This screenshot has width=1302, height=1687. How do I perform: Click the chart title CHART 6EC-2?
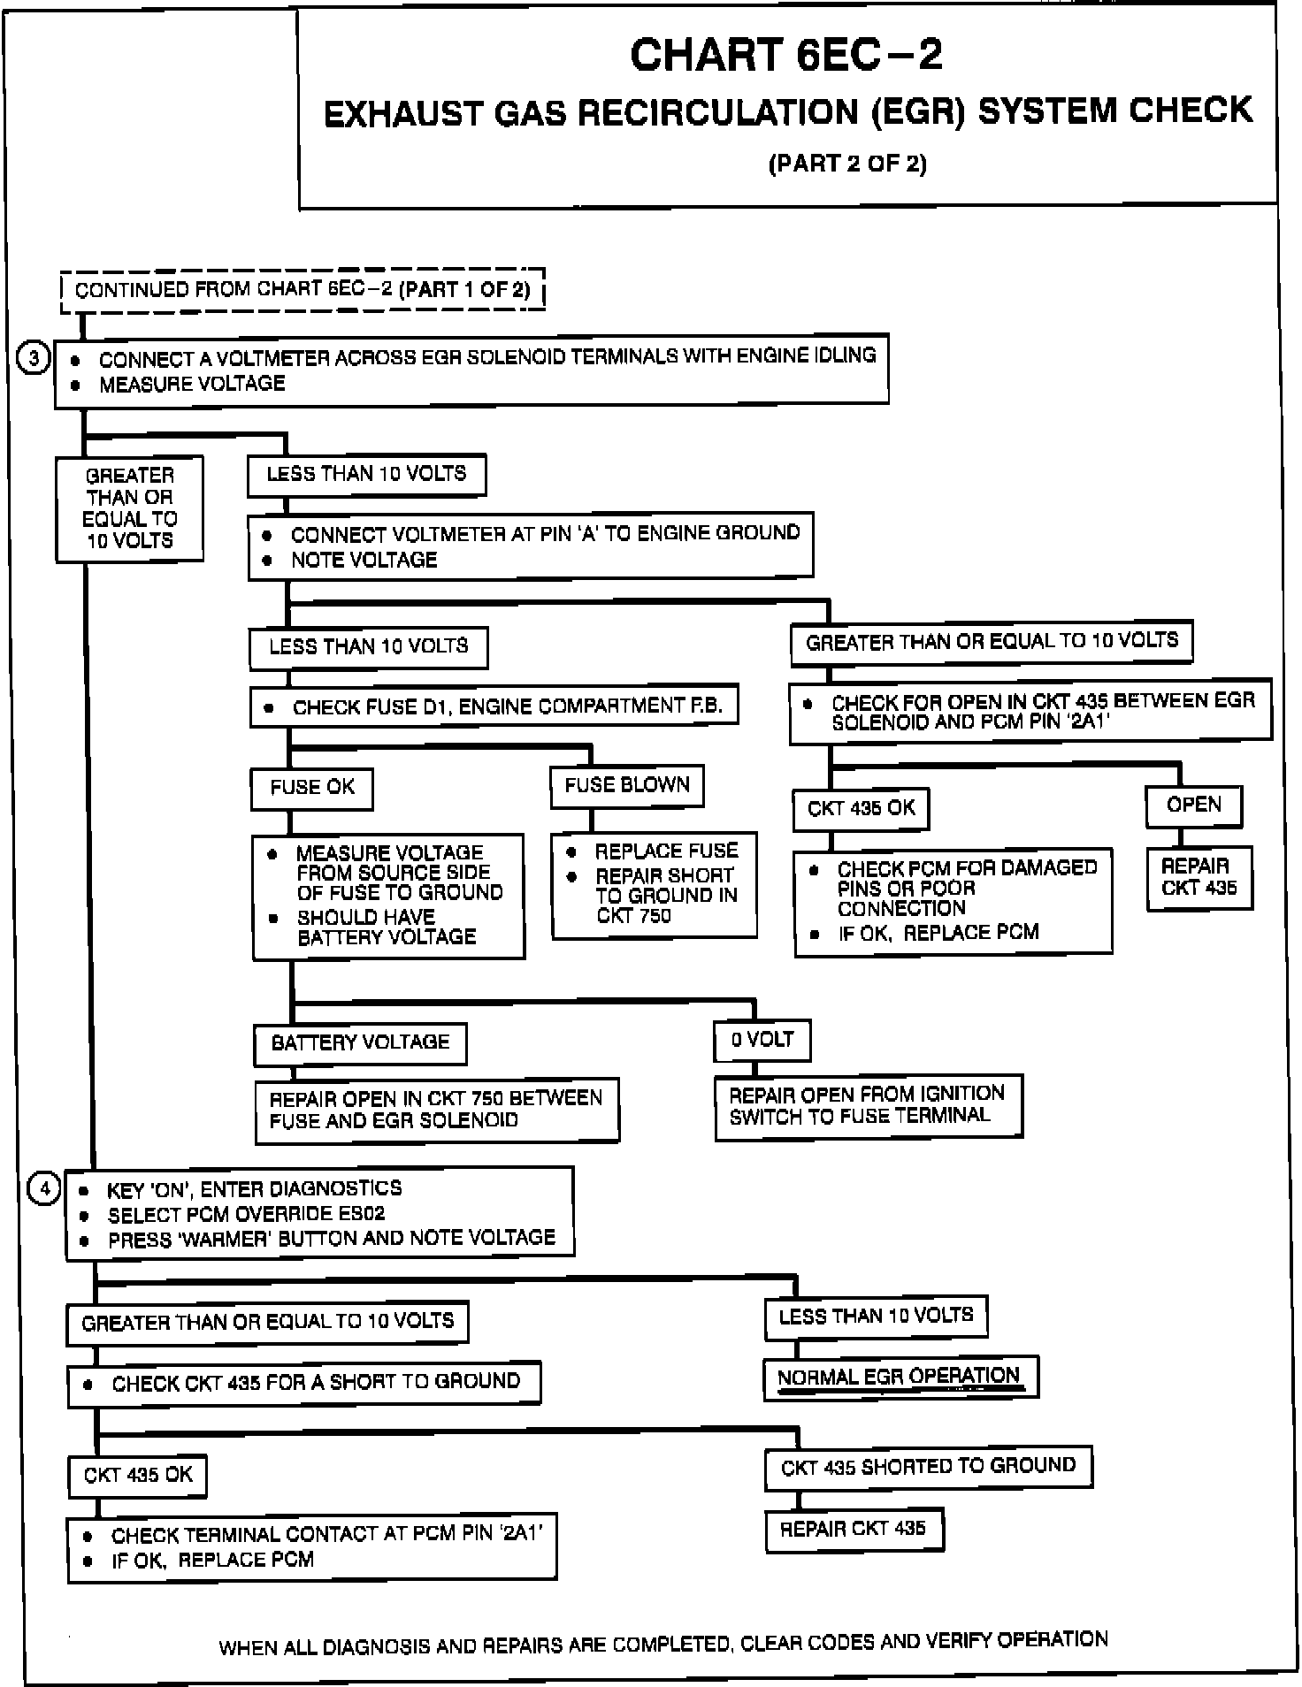785,55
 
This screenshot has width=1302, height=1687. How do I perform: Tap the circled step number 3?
34,360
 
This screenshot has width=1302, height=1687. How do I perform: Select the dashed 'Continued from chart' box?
302,290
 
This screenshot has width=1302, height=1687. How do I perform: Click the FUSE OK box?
311,788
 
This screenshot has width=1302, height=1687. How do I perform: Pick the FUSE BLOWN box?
626,785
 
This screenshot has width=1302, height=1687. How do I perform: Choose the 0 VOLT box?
762,1040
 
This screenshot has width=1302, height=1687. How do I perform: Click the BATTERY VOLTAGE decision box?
360,1043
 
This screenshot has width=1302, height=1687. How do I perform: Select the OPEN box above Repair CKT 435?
1193,805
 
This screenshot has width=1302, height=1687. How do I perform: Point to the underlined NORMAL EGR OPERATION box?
900,1378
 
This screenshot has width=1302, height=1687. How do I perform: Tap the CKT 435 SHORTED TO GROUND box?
928,1467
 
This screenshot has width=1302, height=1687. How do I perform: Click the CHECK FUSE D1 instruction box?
493,706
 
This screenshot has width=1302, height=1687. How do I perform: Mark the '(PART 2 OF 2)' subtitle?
846,164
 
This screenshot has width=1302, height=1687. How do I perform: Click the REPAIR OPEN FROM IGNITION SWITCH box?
868,1105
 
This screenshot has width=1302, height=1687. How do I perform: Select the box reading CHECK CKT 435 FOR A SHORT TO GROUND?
303,1383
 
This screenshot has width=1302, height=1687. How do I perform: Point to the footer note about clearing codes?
662,1643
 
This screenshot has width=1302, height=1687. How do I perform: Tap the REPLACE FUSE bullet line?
665,851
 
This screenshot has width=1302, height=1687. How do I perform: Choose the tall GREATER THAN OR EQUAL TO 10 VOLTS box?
129,508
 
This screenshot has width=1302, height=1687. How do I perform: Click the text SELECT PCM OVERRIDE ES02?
246,1214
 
